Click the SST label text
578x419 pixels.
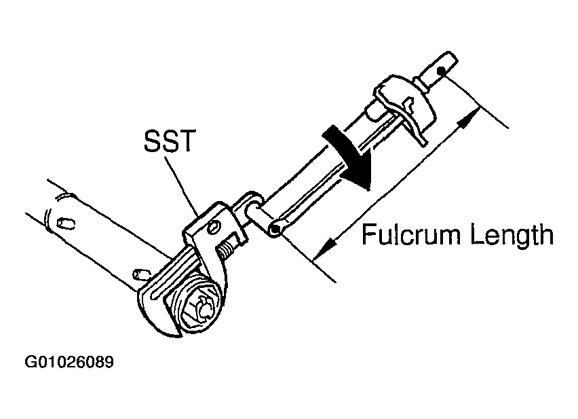click(169, 141)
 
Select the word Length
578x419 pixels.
click(512, 236)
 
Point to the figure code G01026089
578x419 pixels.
click(69, 362)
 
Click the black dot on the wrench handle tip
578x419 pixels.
click(441, 71)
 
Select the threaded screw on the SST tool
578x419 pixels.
click(226, 247)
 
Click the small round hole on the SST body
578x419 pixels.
click(214, 227)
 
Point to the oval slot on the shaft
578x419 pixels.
click(66, 224)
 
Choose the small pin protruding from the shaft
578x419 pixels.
click(141, 274)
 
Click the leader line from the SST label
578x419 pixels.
click(183, 186)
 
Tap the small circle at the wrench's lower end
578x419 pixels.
click(274, 230)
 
